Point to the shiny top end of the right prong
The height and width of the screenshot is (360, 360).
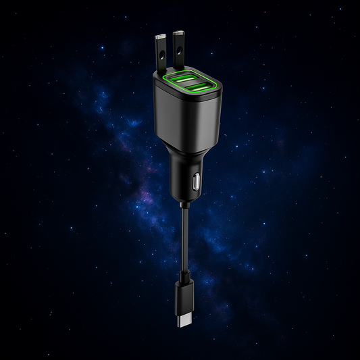coord(180,32)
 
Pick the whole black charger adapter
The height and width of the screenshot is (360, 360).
coord(184,135)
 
